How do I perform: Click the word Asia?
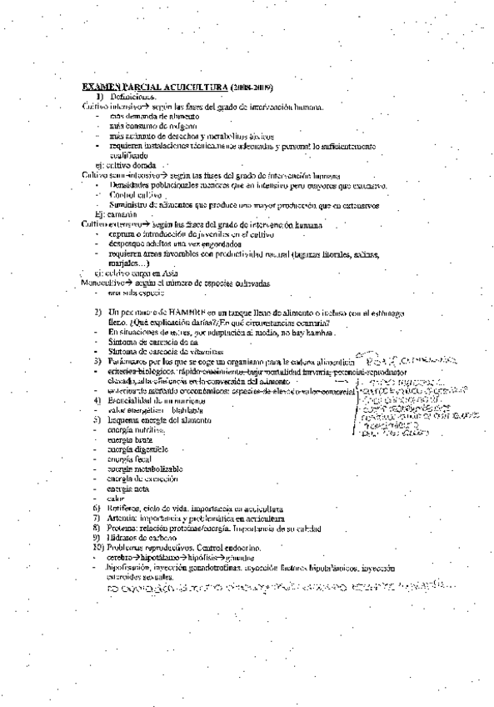pyautogui.click(x=169, y=271)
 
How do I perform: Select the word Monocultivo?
pyautogui.click(x=102, y=283)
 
